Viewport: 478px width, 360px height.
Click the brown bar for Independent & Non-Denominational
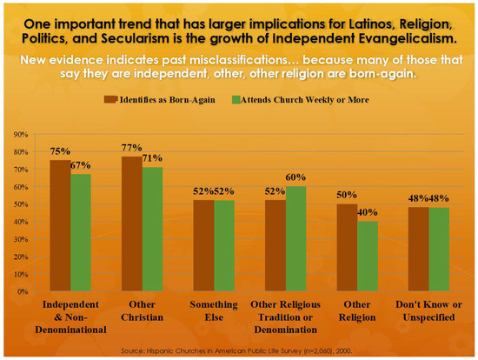[60, 226]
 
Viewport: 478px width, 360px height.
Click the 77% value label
[132, 150]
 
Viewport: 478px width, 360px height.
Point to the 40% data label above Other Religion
[368, 213]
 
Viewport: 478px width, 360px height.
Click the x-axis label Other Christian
[143, 310]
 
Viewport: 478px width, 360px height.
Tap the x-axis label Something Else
[215, 310]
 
